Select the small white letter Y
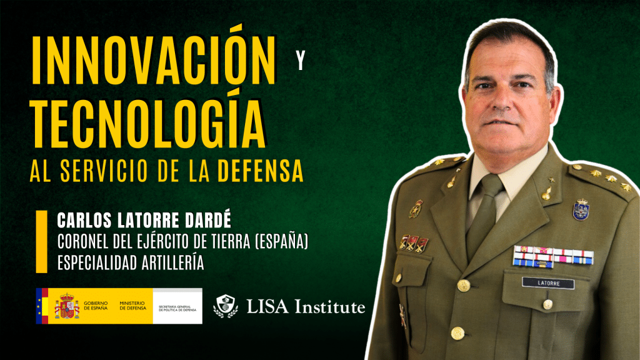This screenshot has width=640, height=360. point(301,63)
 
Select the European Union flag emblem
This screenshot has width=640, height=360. point(41,306)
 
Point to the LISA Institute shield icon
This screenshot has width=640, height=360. point(226,306)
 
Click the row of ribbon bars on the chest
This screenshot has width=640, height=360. point(552,256)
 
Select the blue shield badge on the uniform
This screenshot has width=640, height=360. point(581,209)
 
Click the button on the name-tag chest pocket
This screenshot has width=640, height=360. point(547,304)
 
